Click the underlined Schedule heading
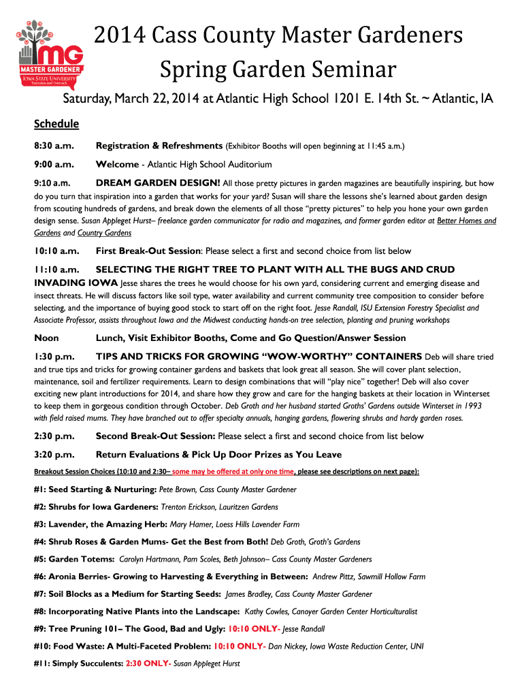pyautogui.click(x=56, y=125)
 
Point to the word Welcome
pyautogui.click(x=117, y=165)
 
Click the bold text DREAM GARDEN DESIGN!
pyautogui.click(x=158, y=183)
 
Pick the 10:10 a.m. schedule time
pyautogui.click(x=57, y=251)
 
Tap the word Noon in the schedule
pyautogui.click(x=46, y=338)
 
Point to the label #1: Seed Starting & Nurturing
pyautogui.click(x=95, y=489)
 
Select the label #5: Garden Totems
pyautogui.click(x=74, y=560)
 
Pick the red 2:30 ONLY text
pyautogui.click(x=148, y=664)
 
